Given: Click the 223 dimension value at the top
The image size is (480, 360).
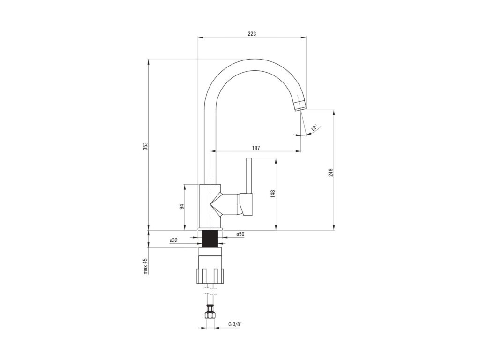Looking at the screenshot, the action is pyautogui.click(x=252, y=33).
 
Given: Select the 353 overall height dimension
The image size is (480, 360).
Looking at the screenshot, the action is pyautogui.click(x=145, y=146).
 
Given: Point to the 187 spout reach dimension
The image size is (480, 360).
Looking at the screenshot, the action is pyautogui.click(x=255, y=148).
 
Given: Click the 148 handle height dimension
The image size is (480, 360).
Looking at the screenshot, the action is pyautogui.click(x=272, y=194).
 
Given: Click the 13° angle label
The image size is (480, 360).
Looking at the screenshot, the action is pyautogui.click(x=314, y=127).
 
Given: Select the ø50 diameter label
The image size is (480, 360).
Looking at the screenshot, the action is pyautogui.click(x=240, y=234).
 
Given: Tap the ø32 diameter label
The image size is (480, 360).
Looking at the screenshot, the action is pyautogui.click(x=173, y=240).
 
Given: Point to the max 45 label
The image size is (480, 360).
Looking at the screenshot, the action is pyautogui.click(x=145, y=266).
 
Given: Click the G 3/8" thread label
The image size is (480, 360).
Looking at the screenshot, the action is pyautogui.click(x=234, y=324).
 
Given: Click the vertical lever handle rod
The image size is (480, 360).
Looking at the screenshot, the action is pyautogui.click(x=249, y=176).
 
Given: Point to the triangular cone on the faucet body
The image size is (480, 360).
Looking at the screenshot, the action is pyautogui.click(x=215, y=204).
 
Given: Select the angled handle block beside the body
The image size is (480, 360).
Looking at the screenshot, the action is pyautogui.click(x=246, y=204).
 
